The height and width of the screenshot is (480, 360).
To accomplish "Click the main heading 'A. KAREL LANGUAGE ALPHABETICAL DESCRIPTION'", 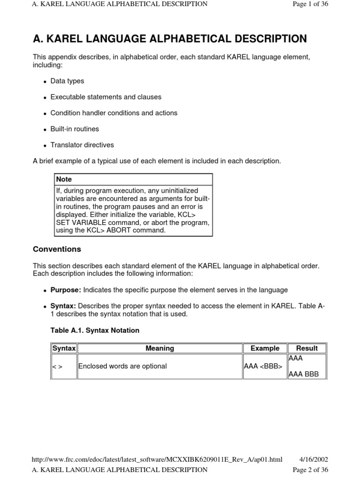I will (x=170, y=39).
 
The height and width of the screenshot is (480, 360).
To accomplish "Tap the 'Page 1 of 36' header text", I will (x=310, y=4).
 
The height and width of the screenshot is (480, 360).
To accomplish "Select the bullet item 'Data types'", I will (x=67, y=81).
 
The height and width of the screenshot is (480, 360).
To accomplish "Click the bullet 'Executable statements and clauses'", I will (x=105, y=97).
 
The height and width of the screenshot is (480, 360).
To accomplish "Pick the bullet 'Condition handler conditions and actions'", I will (x=113, y=113).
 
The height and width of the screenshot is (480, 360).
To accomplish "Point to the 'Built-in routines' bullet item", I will (x=75, y=129).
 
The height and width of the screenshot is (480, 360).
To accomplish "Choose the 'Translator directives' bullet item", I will (x=82, y=145).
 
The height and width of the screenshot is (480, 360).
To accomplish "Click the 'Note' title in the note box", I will (x=64, y=180).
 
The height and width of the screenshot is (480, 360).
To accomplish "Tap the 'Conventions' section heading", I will (x=57, y=249).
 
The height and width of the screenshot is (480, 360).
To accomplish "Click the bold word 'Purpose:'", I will (x=66, y=290).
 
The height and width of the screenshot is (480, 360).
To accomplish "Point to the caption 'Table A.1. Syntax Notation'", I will (x=95, y=330).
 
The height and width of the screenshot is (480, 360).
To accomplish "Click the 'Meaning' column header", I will (x=160, y=348).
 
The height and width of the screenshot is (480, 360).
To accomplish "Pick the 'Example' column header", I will (x=265, y=348).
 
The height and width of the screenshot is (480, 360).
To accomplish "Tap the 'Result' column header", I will (x=307, y=348).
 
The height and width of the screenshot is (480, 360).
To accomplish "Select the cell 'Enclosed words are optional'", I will (x=122, y=366).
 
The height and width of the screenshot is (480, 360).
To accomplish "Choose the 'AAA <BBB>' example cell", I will (x=263, y=366).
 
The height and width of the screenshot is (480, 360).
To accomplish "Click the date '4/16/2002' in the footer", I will (x=314, y=460).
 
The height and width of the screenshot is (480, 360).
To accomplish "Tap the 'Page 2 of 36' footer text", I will (x=310, y=470).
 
